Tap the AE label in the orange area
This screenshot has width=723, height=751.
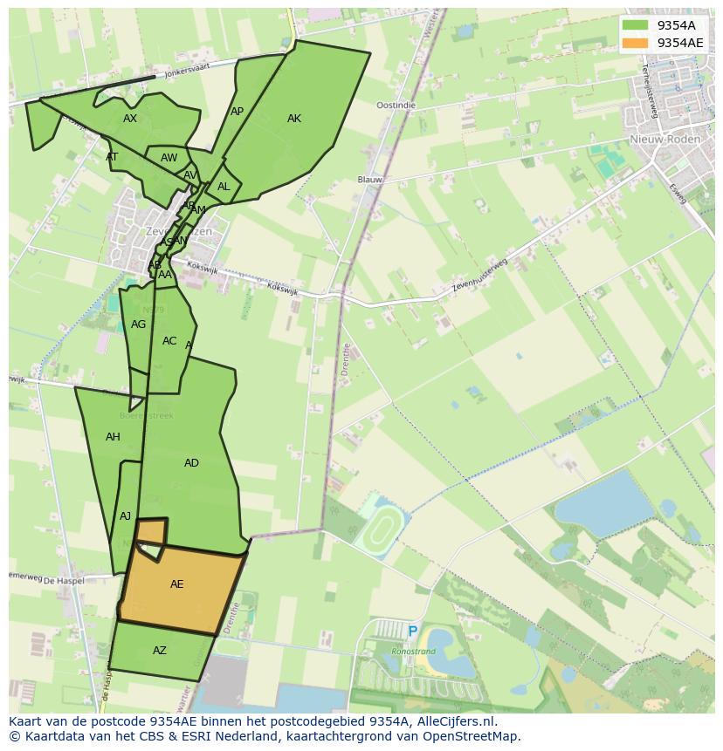coord(177,584)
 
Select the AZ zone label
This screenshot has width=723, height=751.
coord(160,651)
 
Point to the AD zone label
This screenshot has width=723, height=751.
coord(191,463)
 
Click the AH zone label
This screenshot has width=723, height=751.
coord(113,437)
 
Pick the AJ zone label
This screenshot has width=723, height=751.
coord(125,516)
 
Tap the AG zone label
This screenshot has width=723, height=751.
coord(138,324)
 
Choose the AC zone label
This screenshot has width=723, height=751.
coord(169,341)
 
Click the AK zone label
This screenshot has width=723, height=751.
coord(294,119)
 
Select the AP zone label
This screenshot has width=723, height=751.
coord(237,112)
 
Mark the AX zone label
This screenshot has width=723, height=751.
coord(130,119)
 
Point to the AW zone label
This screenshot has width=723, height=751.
coord(169,158)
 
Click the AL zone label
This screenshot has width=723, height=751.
coord(224,187)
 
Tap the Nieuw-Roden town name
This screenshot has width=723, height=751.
coord(661,140)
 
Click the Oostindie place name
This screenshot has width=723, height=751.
coord(396,105)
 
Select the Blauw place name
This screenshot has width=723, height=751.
coord(370,180)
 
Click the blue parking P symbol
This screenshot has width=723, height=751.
coord(412,632)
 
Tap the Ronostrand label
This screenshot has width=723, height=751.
coord(413,651)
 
